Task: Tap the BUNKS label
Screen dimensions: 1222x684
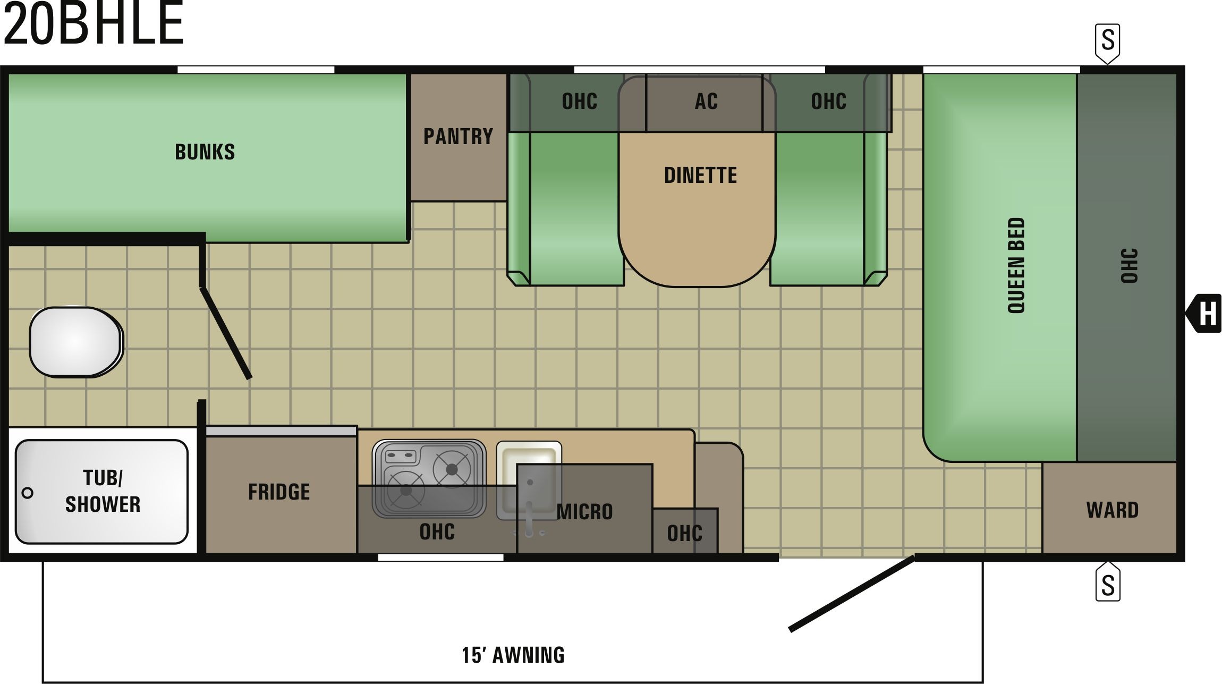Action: tap(205, 152)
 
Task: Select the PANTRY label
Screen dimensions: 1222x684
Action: tap(458, 136)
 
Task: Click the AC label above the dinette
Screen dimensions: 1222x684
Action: tap(706, 101)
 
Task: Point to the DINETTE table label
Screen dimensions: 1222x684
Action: tap(700, 175)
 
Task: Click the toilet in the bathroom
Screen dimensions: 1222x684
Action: tap(76, 342)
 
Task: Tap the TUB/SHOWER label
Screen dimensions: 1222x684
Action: tap(103, 491)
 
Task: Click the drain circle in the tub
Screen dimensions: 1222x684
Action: tap(28, 493)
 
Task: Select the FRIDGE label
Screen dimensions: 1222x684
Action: tap(279, 492)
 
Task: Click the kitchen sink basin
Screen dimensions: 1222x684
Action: tap(529, 479)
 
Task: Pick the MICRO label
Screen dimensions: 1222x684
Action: tap(585, 512)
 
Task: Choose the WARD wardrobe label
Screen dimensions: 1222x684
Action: tap(1113, 510)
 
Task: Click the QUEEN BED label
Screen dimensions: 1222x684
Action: tap(1016, 265)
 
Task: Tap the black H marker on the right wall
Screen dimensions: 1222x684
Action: tap(1204, 313)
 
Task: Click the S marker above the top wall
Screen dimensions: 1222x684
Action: tap(1108, 43)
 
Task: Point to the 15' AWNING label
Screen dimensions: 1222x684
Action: tap(513, 655)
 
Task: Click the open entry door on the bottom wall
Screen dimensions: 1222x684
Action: tap(852, 593)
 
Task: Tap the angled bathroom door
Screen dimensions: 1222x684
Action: tap(225, 333)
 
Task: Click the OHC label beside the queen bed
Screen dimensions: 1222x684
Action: tap(1129, 266)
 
